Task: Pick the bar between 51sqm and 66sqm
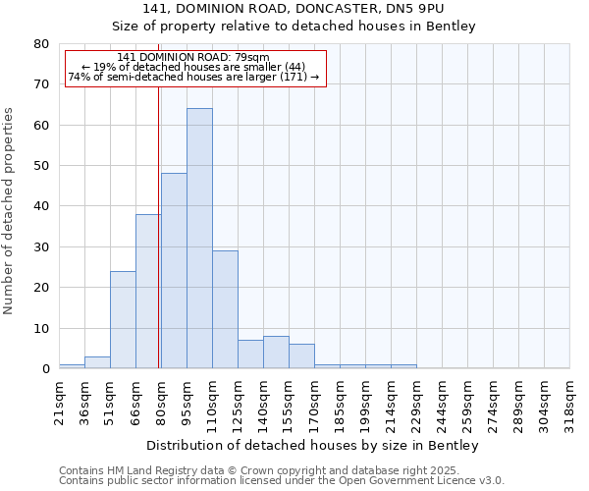click(123, 320)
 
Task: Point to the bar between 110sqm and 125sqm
click(225, 309)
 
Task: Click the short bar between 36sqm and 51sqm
click(97, 362)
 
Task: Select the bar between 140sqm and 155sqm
click(276, 353)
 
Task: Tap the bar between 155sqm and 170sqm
click(301, 356)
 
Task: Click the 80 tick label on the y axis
click(40, 44)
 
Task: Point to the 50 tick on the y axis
click(40, 166)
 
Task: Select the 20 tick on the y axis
click(40, 288)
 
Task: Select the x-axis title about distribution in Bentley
click(314, 446)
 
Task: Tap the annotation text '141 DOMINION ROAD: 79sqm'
click(193, 58)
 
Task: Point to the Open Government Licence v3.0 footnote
click(282, 481)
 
